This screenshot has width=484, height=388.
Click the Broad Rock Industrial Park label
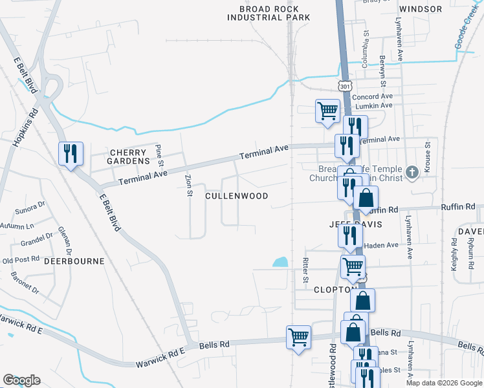[264, 13]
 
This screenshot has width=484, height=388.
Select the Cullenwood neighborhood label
[236, 195]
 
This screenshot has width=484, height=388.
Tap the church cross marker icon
[412, 172]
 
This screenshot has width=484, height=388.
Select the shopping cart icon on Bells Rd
[298, 336]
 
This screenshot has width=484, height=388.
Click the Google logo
[21, 380]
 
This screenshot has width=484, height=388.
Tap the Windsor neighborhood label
[421, 9]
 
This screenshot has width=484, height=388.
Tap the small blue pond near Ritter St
[280, 262]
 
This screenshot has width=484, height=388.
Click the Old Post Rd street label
[21, 260]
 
